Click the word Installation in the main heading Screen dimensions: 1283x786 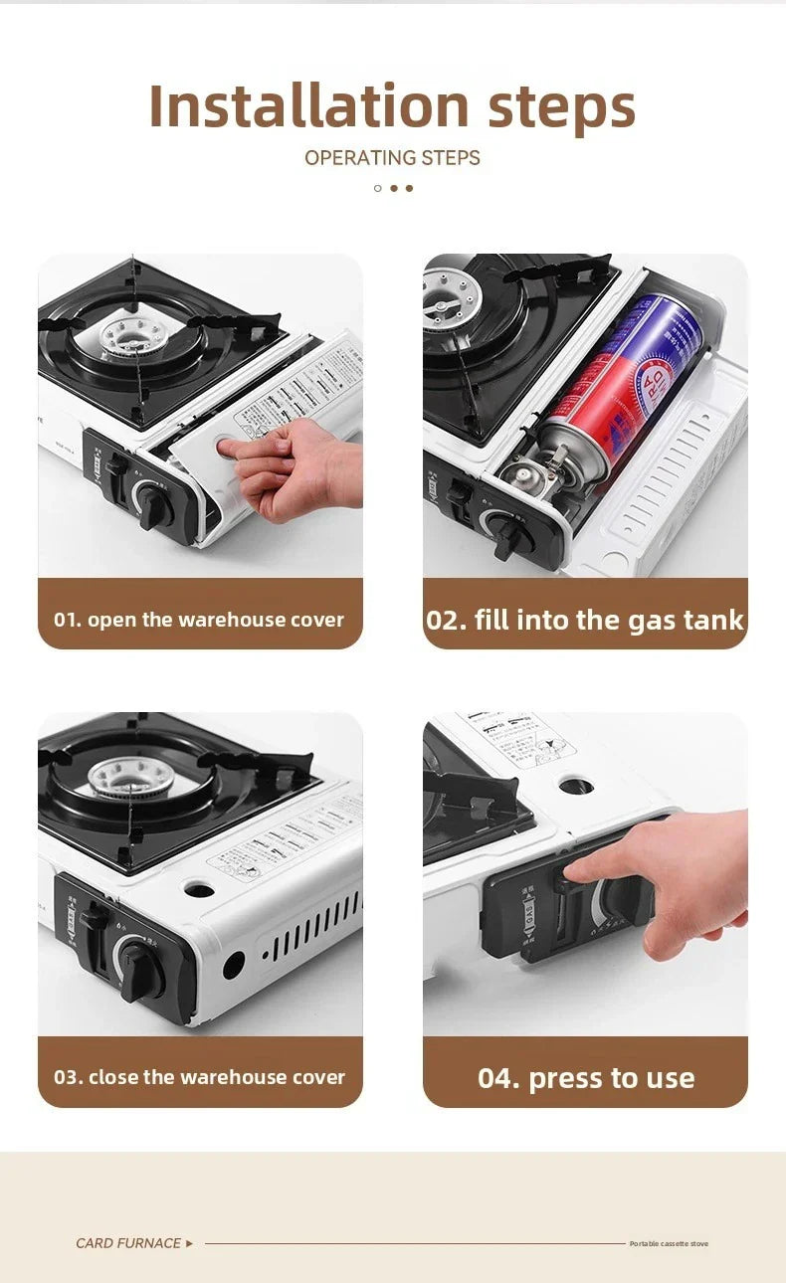click(308, 105)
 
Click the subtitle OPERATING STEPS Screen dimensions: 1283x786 click(392, 158)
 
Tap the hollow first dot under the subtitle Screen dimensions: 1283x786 click(377, 188)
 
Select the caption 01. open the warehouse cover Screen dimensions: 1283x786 click(199, 620)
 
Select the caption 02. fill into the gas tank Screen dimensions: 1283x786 click(585, 621)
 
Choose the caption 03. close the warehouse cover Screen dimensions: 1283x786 click(199, 1077)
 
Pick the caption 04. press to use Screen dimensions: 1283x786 click(586, 1078)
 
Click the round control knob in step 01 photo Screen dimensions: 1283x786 click(155, 502)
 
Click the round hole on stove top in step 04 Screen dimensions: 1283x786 click(575, 786)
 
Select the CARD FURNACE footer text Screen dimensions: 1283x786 click(128, 1243)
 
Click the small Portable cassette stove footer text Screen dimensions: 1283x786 click(669, 1244)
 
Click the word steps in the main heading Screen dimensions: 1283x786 click(562, 105)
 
